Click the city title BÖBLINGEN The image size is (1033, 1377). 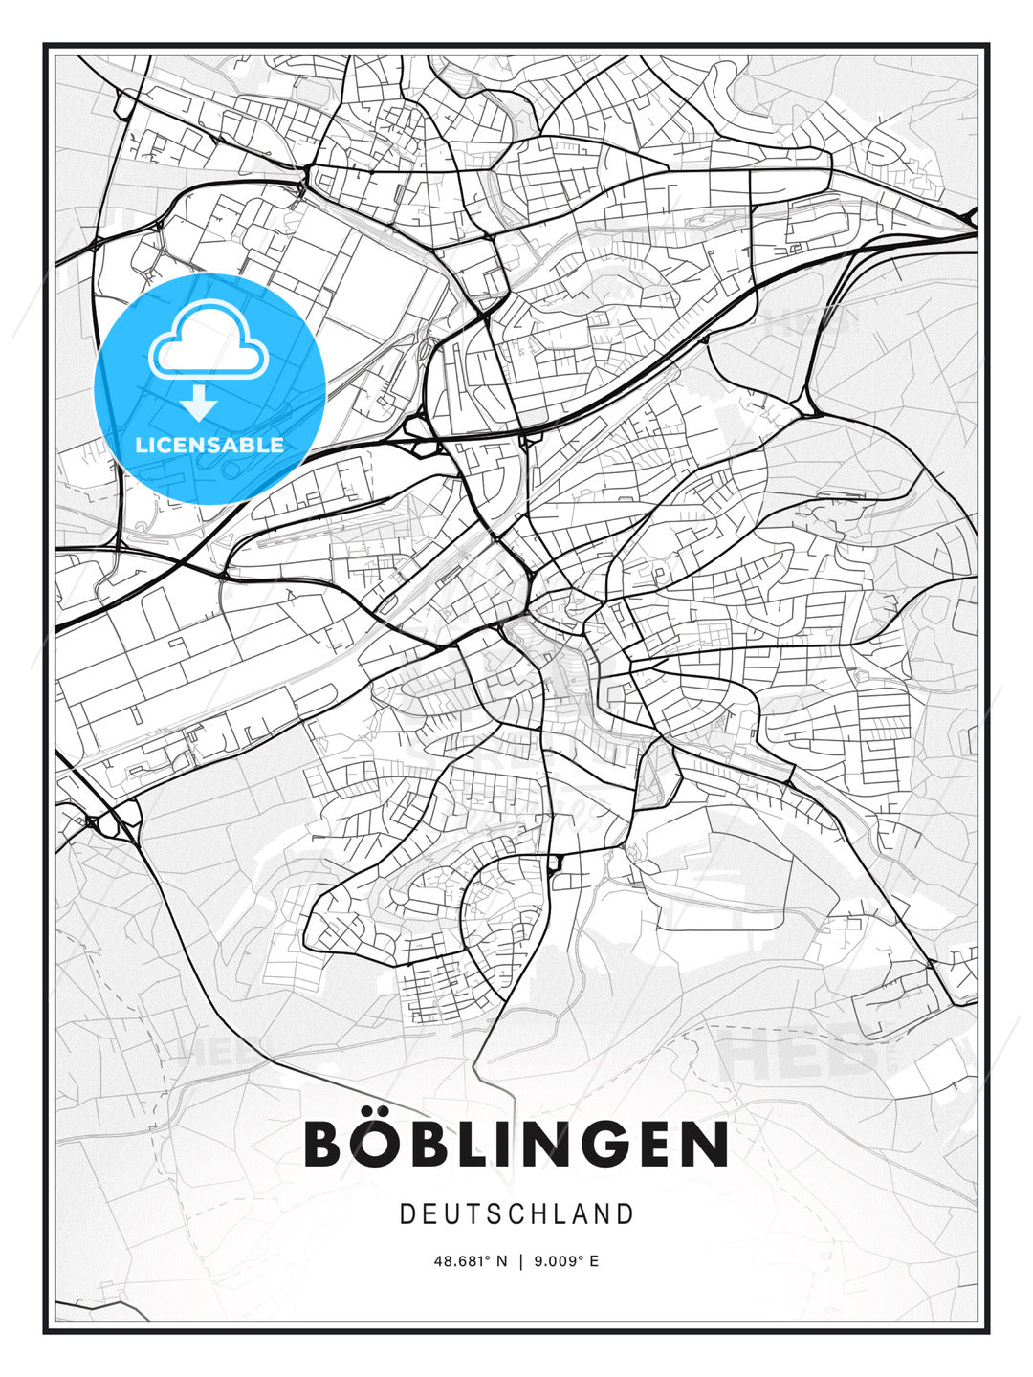coord(516,1144)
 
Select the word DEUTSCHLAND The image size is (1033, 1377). coord(516,1214)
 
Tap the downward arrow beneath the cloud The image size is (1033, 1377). coord(199,404)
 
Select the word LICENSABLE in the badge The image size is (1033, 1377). coord(209,445)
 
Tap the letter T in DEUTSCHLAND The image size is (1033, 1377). coord(474,1214)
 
